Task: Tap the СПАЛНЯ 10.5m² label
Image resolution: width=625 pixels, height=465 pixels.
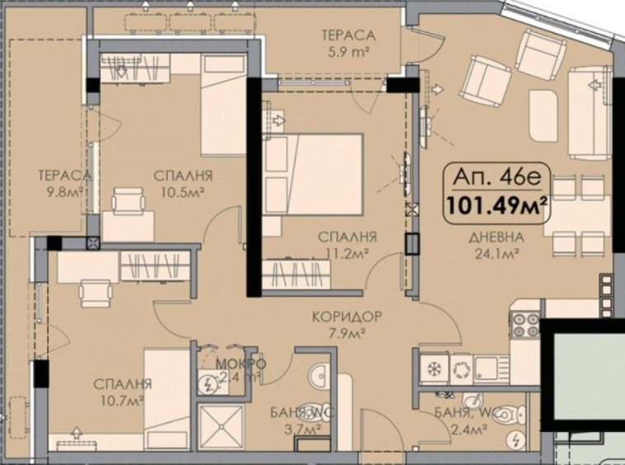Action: [183, 184]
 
